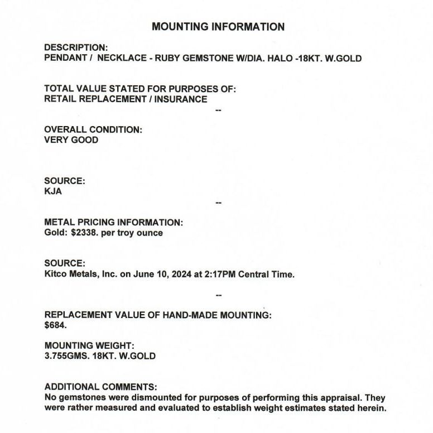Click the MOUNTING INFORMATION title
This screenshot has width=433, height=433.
218,27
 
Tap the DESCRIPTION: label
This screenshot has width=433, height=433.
76,47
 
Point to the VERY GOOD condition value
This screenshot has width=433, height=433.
71,140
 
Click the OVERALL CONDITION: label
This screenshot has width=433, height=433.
93,129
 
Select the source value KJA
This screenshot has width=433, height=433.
53,191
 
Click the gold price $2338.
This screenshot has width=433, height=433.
85,233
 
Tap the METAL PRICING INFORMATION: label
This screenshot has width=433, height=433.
113,222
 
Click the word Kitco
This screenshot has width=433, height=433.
55,275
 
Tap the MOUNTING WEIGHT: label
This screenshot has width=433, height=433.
89,346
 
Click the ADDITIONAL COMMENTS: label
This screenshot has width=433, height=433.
100,387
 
